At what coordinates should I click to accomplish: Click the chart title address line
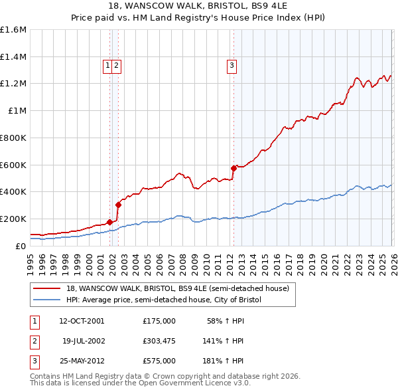pyautogui.click(x=198, y=6)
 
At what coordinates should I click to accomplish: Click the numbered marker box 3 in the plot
pyautogui.click(x=232, y=65)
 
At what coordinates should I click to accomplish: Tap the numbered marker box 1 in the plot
pyautogui.click(x=107, y=65)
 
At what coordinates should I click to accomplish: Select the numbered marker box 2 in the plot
pyautogui.click(x=116, y=65)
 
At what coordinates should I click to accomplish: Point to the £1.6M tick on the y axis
pyautogui.click(x=13, y=30)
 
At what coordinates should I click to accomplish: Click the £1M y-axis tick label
pyautogui.click(x=17, y=111)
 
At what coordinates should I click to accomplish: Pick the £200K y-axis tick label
pyautogui.click(x=13, y=219)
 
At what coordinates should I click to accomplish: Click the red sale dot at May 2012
pyautogui.click(x=233, y=168)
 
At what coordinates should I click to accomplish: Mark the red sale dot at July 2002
pyautogui.click(x=118, y=205)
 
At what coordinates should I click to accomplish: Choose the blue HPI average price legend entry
pyautogui.click(x=164, y=300)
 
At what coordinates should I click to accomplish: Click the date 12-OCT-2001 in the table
pyautogui.click(x=81, y=321)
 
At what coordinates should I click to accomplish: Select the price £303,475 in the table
pyautogui.click(x=159, y=341)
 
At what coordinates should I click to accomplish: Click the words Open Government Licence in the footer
pyautogui.click(x=190, y=383)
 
